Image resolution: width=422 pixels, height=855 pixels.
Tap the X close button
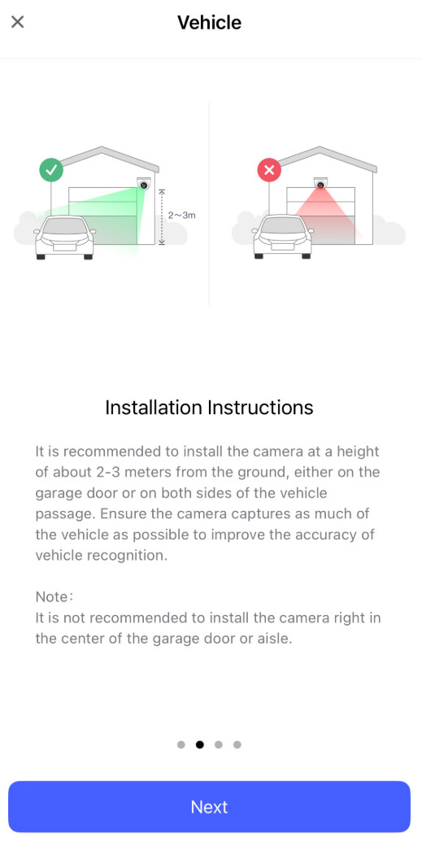(17, 22)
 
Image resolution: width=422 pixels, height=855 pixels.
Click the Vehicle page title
(209, 22)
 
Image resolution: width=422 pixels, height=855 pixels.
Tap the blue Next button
(209, 806)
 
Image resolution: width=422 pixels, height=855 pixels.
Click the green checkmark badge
(51, 170)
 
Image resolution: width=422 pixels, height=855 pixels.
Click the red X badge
(269, 170)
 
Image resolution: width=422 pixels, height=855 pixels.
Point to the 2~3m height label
(181, 216)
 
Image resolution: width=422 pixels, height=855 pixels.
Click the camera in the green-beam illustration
(143, 184)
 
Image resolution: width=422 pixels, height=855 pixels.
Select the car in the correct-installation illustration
(64, 238)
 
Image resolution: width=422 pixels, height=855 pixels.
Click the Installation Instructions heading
(209, 408)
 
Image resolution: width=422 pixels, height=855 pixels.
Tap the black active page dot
(200, 744)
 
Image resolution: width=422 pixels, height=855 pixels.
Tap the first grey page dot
(181, 744)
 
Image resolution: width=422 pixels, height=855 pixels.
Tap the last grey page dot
(237, 744)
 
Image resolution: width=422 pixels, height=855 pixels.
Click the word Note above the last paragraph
(51, 596)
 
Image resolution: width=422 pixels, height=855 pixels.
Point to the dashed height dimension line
(161, 216)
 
